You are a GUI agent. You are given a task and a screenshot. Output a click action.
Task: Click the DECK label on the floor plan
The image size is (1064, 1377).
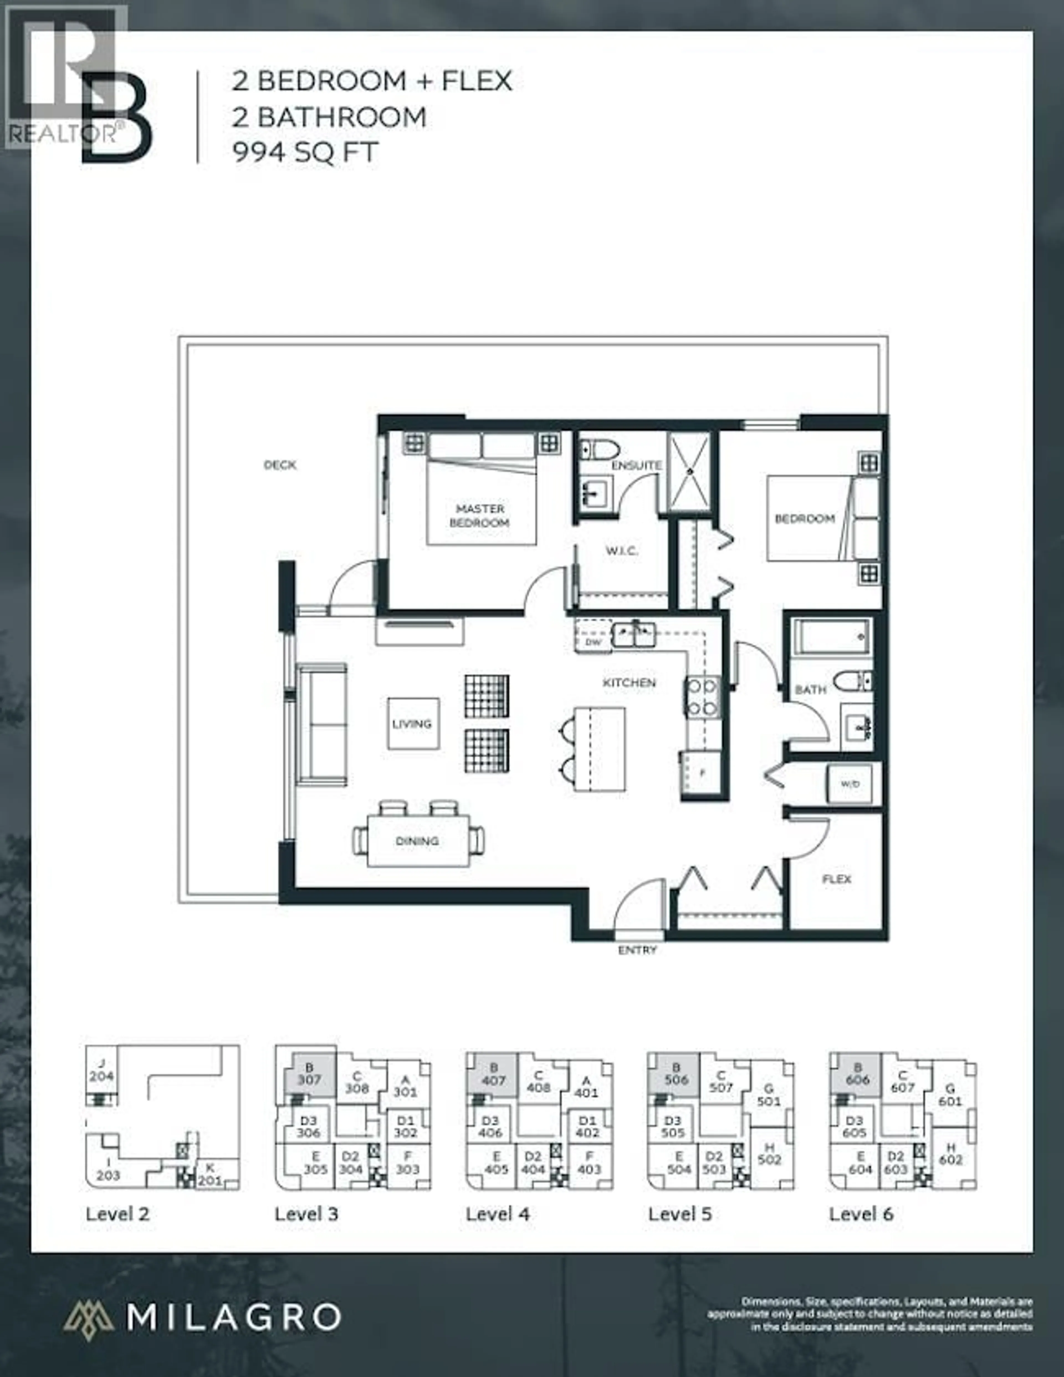280,465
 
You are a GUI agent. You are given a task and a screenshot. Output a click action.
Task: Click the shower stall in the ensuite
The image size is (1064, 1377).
688,471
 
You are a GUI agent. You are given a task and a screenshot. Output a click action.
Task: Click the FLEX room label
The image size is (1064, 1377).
837,879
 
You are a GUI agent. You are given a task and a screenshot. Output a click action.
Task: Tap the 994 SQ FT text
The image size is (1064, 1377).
306,152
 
